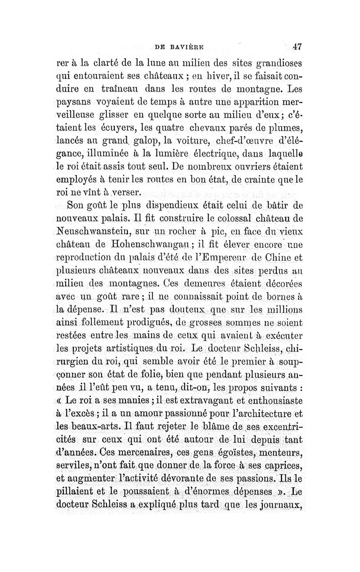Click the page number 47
(296, 45)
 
